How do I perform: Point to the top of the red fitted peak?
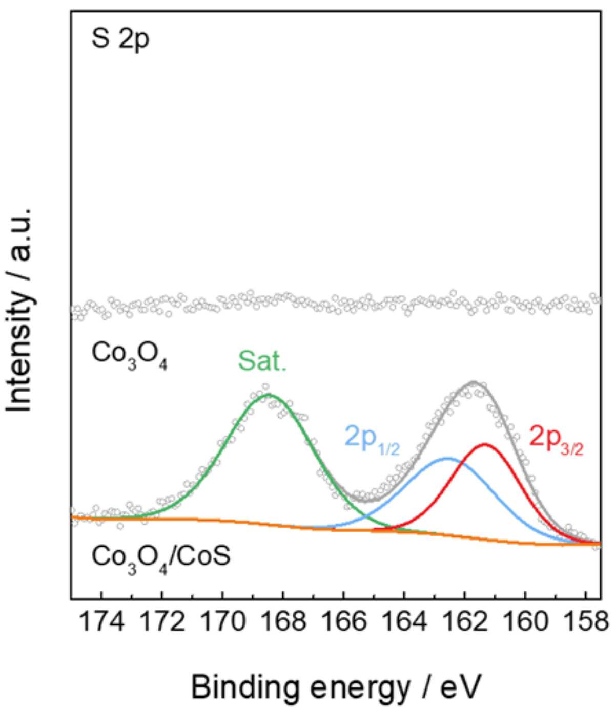[x=485, y=444]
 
